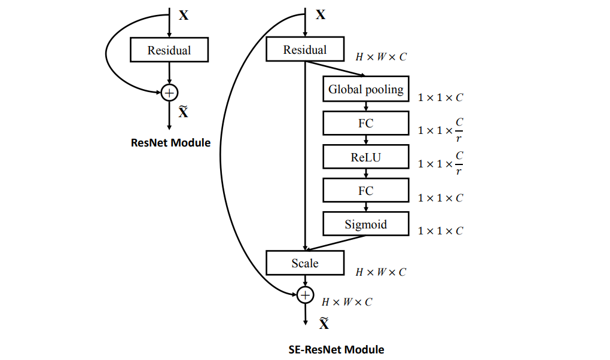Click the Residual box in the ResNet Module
point(169,50)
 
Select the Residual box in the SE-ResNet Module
point(305,50)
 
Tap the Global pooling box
point(365,90)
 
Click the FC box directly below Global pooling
point(365,124)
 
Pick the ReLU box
point(365,158)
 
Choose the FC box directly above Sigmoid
point(365,191)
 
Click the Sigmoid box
point(365,225)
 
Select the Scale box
point(305,263)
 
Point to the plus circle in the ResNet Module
point(170,93)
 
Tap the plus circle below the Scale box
point(306,295)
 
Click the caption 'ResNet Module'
point(170,143)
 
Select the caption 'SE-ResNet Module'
point(336,349)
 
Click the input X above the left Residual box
point(184,16)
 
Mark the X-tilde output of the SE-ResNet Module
point(324,324)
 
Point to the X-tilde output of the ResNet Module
point(184,111)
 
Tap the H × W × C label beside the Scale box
point(381,272)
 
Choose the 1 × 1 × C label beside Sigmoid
point(441,231)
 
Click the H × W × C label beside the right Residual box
point(381,57)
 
